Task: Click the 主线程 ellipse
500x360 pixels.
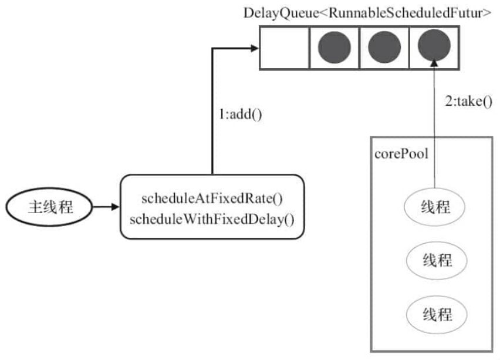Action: (x=49, y=207)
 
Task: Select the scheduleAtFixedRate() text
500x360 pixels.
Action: (x=212, y=198)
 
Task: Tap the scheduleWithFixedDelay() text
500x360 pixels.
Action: (x=212, y=219)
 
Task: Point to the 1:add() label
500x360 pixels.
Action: (x=241, y=115)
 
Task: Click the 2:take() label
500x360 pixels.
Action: (x=468, y=102)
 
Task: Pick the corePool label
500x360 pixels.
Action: (x=401, y=154)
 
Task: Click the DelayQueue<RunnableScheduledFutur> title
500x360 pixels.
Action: (x=367, y=13)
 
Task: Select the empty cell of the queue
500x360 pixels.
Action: (x=285, y=48)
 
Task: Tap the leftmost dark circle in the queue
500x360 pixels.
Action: (x=335, y=47)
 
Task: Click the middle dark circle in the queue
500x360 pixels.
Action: (x=384, y=47)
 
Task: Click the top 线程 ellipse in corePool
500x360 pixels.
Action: (x=434, y=207)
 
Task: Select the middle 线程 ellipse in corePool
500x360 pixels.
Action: (x=437, y=260)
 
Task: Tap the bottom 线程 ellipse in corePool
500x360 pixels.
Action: (x=437, y=315)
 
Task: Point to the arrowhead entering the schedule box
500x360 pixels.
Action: (x=116, y=207)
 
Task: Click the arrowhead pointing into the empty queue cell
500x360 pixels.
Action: (x=255, y=48)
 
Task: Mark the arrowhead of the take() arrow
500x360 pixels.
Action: (x=434, y=63)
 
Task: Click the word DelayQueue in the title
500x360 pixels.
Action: (x=281, y=14)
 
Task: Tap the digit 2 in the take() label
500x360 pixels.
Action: (x=449, y=101)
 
